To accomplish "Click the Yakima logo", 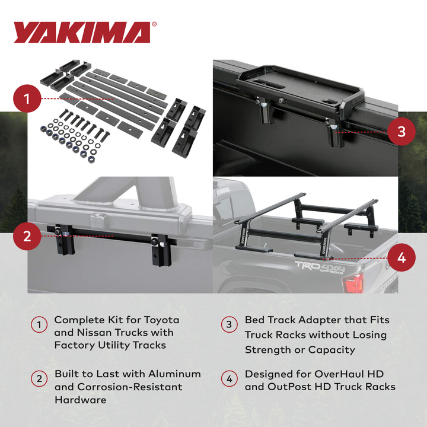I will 82,33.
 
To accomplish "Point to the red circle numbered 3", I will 401,132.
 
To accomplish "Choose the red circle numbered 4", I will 401,259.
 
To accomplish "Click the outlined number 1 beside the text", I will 39,325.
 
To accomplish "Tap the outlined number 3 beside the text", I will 230,325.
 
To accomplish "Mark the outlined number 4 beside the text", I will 230,380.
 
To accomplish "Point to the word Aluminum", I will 173,374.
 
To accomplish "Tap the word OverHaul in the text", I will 336,374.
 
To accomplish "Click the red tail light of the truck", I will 354,283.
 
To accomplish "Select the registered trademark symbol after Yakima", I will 155,25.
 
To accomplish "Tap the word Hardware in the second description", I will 81,400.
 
